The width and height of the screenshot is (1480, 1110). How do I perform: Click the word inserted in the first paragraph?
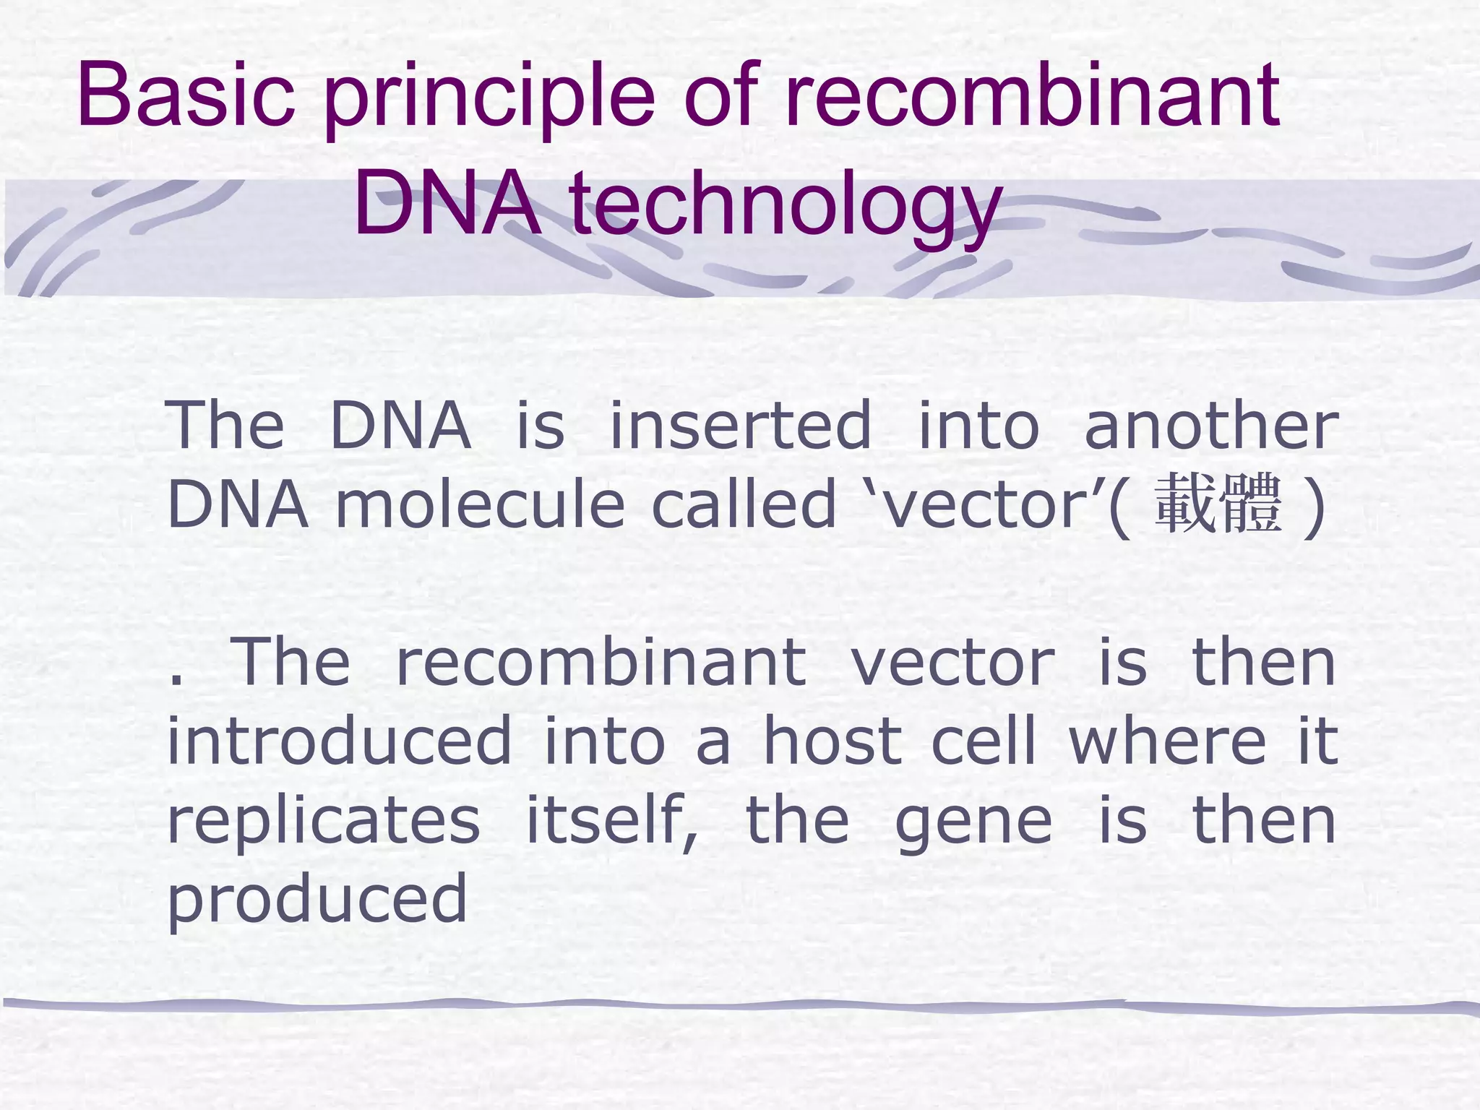(741, 426)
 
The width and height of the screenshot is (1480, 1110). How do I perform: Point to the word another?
(1211, 426)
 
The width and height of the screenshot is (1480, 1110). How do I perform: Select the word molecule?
(480, 504)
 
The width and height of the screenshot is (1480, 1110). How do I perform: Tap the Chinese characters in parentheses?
(1218, 504)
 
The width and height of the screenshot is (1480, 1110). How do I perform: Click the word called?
(744, 504)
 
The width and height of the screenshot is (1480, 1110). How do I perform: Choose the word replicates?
(324, 822)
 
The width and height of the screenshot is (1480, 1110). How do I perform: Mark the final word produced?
(317, 900)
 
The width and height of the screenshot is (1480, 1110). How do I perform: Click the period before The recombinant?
(174, 679)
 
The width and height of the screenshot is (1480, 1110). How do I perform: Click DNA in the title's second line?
(447, 206)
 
